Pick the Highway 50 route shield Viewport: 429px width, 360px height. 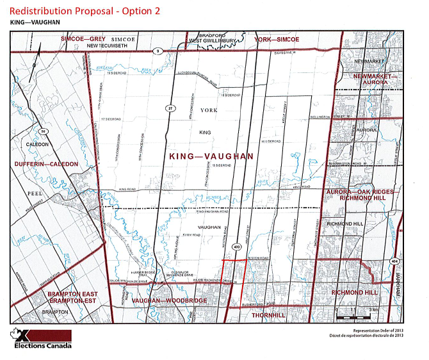[44, 132]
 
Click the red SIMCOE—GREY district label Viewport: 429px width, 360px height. [83, 39]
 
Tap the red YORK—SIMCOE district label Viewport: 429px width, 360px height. [277, 39]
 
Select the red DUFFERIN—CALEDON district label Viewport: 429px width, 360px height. [46, 165]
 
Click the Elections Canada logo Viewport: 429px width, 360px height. [42, 340]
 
